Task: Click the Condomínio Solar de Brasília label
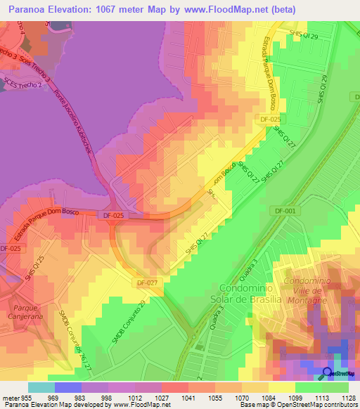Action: [x=250, y=294]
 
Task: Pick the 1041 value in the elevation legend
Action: [x=188, y=397]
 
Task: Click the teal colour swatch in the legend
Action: [x=41, y=387]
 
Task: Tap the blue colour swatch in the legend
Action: [x=68, y=387]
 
